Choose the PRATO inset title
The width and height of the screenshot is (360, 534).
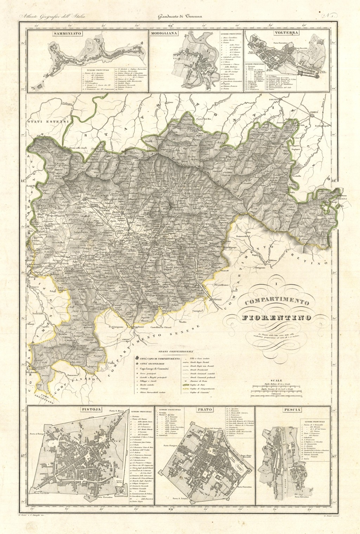[x=204, y=410]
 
